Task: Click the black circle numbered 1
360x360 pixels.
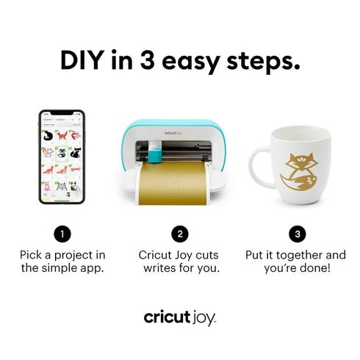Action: [62, 234]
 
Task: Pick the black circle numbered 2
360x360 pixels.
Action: [179, 234]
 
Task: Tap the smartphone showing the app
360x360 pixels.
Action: [62, 157]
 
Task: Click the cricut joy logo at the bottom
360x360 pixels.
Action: [180, 317]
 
